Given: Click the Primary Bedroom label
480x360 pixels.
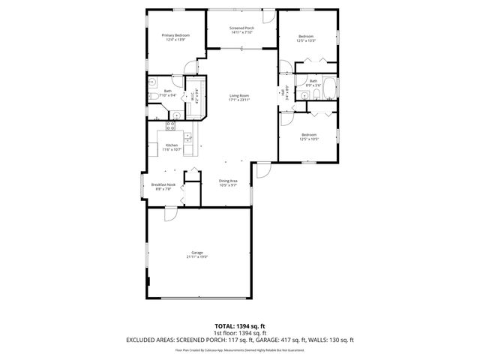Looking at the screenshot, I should point(175,35).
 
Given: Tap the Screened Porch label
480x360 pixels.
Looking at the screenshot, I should point(241,28).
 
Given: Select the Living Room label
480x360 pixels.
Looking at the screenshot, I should point(239,95).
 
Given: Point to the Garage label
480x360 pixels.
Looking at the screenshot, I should point(197,253).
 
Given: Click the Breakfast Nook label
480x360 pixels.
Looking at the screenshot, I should point(163,184).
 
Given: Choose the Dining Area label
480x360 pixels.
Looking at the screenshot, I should point(228,181).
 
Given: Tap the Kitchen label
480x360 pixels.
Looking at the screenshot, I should point(172,145).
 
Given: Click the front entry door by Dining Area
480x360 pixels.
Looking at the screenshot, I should point(262,171).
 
